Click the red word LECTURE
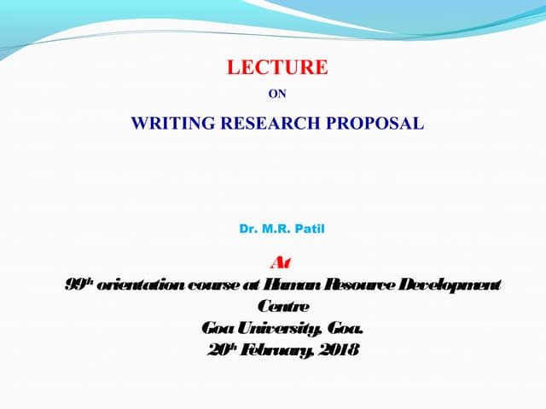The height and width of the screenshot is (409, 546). (x=276, y=67)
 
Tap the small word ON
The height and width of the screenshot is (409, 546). (x=277, y=95)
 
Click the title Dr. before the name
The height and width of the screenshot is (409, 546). (x=249, y=229)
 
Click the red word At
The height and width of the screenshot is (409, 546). (x=279, y=262)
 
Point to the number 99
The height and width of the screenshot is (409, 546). (x=74, y=284)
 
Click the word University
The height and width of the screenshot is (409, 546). (x=272, y=327)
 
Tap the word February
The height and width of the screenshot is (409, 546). (x=276, y=349)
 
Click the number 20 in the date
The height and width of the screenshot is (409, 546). (x=217, y=349)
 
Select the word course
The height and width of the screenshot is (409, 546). (x=205, y=284)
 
